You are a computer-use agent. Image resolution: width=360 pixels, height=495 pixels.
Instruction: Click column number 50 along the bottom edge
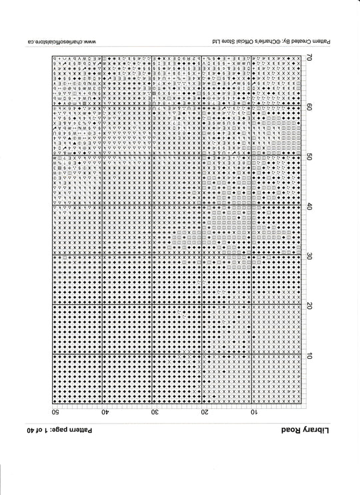55,412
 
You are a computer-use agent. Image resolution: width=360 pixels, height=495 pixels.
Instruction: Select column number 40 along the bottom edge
105,412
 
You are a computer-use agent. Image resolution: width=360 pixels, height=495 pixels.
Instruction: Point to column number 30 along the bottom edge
155,412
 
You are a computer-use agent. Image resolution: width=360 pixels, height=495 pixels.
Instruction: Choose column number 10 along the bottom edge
254,412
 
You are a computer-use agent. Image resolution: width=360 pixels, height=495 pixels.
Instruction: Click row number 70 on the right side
309,57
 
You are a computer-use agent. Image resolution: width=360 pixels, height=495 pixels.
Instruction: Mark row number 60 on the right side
309,107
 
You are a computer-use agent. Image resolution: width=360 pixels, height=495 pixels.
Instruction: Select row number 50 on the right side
309,157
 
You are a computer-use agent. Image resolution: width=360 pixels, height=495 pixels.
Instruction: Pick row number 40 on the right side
309,206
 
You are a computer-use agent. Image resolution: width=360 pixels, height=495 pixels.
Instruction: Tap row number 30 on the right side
309,256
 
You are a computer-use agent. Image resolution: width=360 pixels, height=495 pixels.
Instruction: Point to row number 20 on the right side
309,306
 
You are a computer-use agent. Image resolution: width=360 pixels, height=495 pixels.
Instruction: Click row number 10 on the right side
309,356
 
